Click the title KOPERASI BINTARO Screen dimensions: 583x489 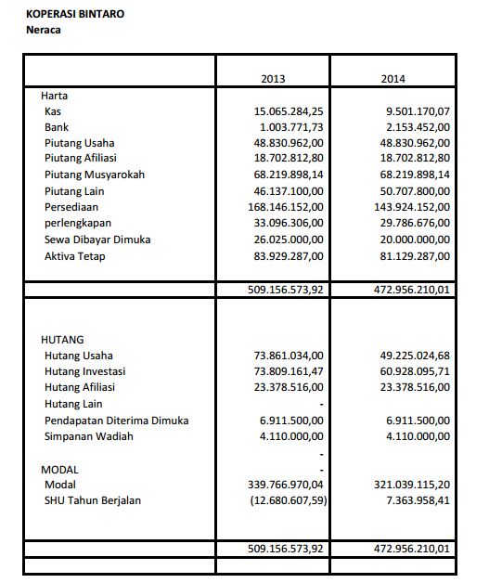tap(75, 15)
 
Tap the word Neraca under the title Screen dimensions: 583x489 tap(45, 30)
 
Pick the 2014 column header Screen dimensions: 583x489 tap(393, 78)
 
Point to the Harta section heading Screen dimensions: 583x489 tap(54, 95)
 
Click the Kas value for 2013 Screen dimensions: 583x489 tap(289, 110)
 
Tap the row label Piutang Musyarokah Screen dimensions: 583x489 tap(95, 175)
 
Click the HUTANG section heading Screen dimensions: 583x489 tap(62, 340)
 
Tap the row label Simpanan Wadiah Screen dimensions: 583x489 tap(88, 436)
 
